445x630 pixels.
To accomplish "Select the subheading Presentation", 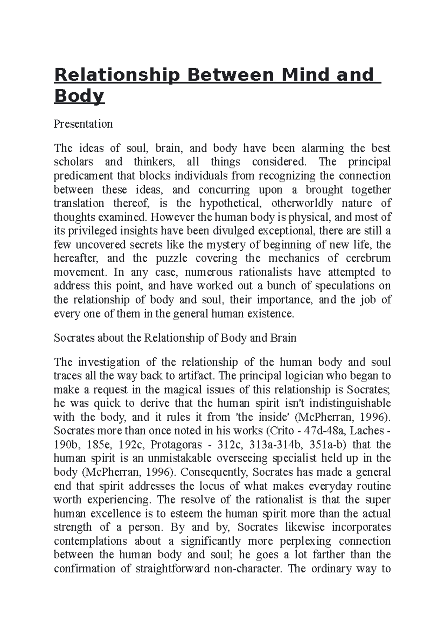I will pos(83,124).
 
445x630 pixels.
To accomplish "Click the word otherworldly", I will pos(302,203).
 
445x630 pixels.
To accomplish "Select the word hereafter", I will pos(76,258).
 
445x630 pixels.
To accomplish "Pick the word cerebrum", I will pos(368,258).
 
